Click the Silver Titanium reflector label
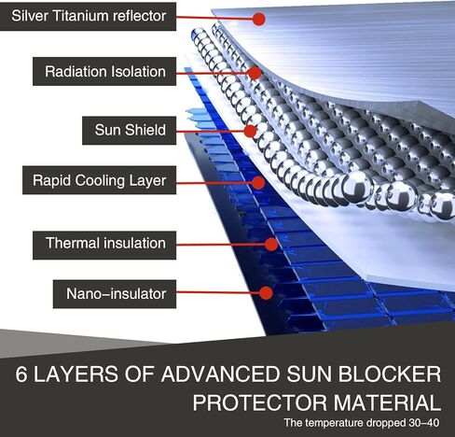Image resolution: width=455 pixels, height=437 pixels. pyautogui.click(x=88, y=17)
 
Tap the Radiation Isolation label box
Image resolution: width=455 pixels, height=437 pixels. pyautogui.click(x=104, y=71)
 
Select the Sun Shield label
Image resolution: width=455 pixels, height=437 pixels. pyautogui.click(x=129, y=131)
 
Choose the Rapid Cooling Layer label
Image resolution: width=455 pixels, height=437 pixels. pyautogui.click(x=99, y=180)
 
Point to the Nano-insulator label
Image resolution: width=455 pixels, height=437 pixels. pyautogui.click(x=115, y=294)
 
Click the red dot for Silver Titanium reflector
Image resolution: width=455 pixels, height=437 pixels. pyautogui.click(x=258, y=19)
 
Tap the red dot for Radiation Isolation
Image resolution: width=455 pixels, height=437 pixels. pyautogui.click(x=255, y=73)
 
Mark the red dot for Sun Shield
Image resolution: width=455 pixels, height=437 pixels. pyautogui.click(x=250, y=131)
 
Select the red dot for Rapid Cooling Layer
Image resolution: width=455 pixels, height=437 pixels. pyautogui.click(x=258, y=183)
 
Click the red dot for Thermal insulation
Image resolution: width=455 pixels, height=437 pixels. pyautogui.click(x=271, y=245)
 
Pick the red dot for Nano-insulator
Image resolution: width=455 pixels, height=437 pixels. pyautogui.click(x=266, y=293)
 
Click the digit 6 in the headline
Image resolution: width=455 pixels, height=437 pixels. pyautogui.click(x=21, y=374)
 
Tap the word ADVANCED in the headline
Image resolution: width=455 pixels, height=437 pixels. pyautogui.click(x=220, y=374)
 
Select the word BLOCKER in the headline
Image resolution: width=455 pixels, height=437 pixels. pyautogui.click(x=390, y=374)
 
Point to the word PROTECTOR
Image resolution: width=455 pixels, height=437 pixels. pyautogui.click(x=260, y=402)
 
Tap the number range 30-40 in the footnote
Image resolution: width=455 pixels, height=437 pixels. pyautogui.click(x=423, y=423)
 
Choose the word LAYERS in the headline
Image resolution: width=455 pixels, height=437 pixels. pyautogui.click(x=76, y=374)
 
